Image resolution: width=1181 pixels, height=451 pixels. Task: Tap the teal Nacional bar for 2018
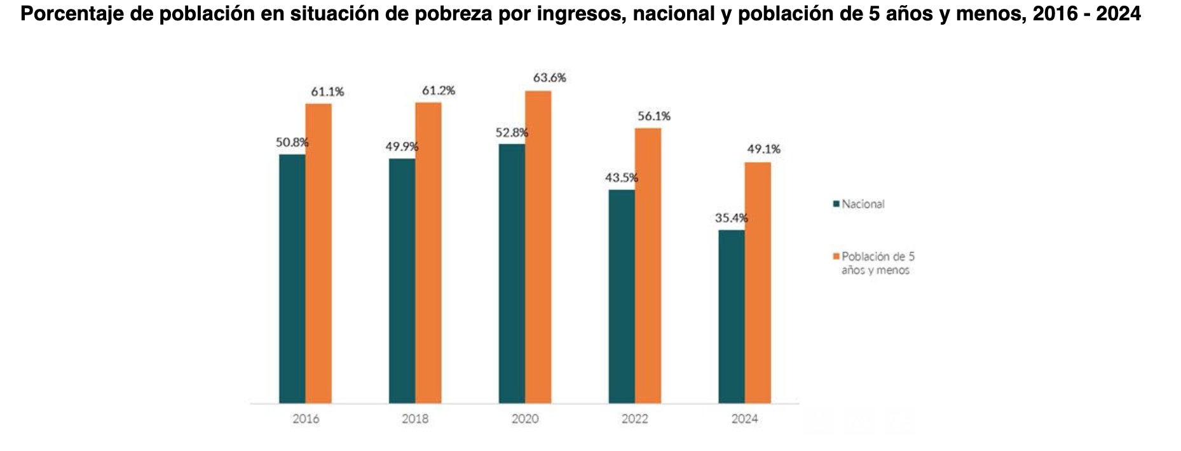coord(402,281)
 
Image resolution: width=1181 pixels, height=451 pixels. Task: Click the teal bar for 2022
coord(621,296)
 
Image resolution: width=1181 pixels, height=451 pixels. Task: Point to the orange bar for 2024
coord(758,282)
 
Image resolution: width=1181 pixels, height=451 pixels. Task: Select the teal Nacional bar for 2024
coord(731,316)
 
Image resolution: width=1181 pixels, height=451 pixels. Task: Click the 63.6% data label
coord(549,78)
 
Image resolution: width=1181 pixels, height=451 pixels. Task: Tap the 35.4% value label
coord(731,219)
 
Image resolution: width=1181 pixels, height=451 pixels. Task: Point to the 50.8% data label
coord(292,143)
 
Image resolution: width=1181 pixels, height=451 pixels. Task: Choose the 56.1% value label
coord(654,116)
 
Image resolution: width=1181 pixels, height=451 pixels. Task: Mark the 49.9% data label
coord(402,147)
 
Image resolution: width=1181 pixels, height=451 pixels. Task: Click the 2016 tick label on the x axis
coord(306,419)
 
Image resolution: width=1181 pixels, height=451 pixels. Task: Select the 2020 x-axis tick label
coord(525,419)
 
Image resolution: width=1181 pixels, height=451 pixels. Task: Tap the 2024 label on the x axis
coord(744,419)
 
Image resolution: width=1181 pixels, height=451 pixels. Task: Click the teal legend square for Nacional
coord(836,204)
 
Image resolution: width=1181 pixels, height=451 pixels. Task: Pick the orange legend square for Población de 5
coord(836,257)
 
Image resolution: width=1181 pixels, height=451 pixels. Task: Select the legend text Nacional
coord(863,204)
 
